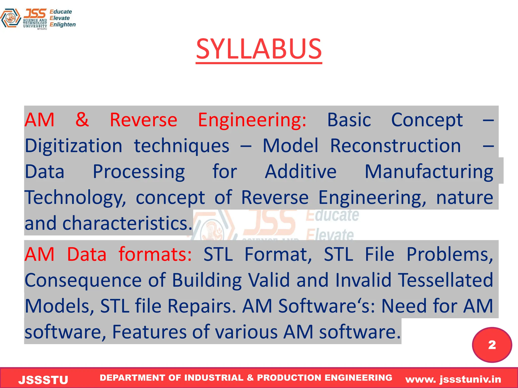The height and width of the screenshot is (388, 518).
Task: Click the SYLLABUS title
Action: [x=259, y=49]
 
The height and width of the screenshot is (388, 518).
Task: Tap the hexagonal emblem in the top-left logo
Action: [x=10, y=18]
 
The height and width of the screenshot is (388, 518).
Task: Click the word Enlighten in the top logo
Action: [x=62, y=25]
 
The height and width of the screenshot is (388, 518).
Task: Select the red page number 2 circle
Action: [x=492, y=345]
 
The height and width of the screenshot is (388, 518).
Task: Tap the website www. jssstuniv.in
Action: [x=453, y=379]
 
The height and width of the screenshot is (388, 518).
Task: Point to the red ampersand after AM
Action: [x=82, y=119]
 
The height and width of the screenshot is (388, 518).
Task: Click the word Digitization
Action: [x=74, y=146]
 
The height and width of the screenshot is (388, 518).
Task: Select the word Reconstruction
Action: [x=395, y=146]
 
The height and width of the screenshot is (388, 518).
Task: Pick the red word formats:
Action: [x=155, y=254]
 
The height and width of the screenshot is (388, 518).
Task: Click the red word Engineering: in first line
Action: [x=252, y=120]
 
